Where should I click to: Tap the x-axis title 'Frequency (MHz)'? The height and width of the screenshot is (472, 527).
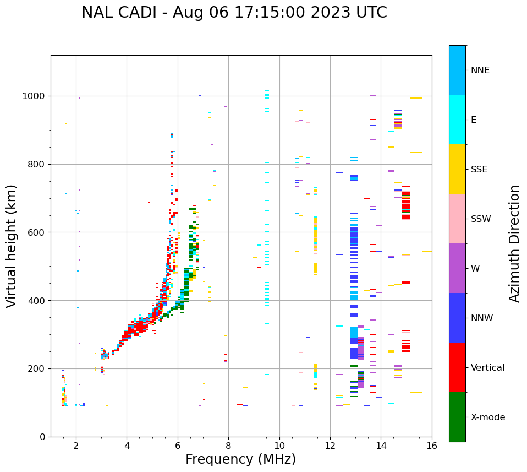(240, 459)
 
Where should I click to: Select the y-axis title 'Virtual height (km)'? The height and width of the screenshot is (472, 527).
(12, 246)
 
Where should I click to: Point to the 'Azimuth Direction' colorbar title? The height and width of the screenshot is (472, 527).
(514, 243)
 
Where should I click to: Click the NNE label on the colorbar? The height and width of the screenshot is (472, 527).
(480, 70)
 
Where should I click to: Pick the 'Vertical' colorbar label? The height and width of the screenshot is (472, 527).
(487, 368)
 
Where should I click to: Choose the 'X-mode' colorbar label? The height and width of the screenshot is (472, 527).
(487, 417)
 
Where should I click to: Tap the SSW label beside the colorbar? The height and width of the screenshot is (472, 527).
(481, 219)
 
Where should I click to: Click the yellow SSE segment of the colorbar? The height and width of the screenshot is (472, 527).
(457, 169)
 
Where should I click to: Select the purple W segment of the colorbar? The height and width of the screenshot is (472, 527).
(457, 268)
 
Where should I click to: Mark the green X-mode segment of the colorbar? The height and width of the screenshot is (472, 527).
(457, 417)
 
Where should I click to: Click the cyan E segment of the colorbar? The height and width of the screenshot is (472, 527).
(457, 120)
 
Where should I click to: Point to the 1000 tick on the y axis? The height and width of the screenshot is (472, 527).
(35, 96)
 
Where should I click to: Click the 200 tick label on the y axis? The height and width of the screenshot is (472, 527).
(37, 369)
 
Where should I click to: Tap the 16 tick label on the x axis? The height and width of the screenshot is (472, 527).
(432, 446)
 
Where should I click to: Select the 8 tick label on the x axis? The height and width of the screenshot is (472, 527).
(228, 446)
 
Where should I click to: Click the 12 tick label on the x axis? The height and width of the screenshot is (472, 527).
(330, 446)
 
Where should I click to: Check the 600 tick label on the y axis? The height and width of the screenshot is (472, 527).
(37, 232)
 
